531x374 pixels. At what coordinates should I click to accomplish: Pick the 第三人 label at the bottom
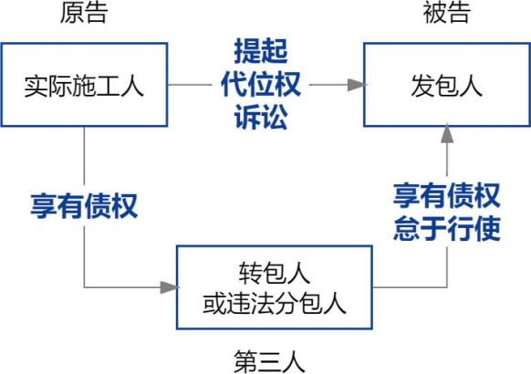(269, 362)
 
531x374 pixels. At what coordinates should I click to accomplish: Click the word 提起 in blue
(261, 51)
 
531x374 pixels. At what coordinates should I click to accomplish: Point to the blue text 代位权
(261, 84)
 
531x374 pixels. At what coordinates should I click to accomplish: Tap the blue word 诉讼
(261, 117)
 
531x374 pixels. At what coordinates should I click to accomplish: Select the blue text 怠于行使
(447, 228)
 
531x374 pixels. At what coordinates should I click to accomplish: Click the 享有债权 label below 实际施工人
(84, 206)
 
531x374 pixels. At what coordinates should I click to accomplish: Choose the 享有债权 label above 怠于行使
(447, 195)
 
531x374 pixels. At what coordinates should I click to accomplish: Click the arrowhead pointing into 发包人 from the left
(356, 85)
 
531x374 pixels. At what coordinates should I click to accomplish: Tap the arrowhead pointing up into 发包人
(447, 134)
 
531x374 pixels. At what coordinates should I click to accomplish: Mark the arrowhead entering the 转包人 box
(169, 287)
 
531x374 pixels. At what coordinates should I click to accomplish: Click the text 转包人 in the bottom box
(275, 273)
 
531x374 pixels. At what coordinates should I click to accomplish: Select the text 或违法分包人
(275, 303)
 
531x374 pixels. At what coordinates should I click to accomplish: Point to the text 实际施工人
(84, 87)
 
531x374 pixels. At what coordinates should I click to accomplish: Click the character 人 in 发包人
(471, 87)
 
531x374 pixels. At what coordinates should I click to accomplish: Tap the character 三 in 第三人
(269, 362)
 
